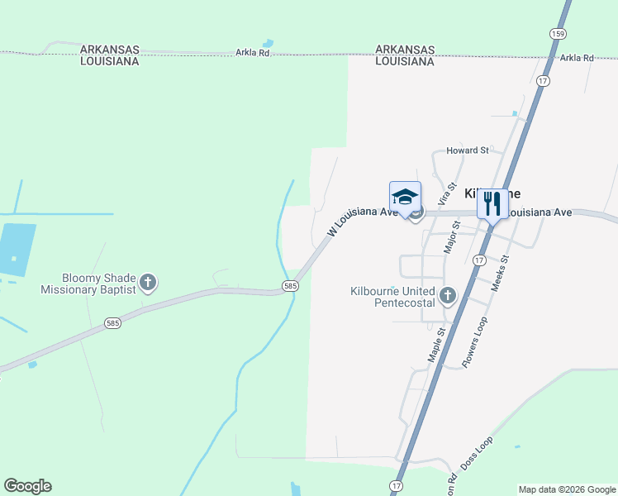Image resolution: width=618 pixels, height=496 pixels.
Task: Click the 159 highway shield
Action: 559,33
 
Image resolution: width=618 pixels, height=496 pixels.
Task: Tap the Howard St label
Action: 468,150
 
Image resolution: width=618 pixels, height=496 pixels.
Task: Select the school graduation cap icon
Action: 405,198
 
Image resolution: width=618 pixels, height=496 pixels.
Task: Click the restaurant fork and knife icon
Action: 492,203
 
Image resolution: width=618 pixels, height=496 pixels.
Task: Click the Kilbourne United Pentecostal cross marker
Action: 448,295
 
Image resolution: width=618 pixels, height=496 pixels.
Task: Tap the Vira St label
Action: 447,194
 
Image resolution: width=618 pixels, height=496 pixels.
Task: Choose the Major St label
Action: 452,236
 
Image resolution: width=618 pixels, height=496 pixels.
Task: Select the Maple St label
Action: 436,344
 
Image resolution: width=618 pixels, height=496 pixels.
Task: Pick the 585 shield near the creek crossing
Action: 289,285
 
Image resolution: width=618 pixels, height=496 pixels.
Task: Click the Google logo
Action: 27,486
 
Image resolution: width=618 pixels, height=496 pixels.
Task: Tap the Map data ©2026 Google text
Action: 567,489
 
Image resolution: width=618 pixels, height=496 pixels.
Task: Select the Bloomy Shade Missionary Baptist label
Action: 88,284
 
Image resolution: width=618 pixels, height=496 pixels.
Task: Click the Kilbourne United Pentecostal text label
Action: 392,297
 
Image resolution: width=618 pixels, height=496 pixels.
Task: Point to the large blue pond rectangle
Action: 17,250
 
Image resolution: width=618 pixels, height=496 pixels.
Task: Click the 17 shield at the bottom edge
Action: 397,485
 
